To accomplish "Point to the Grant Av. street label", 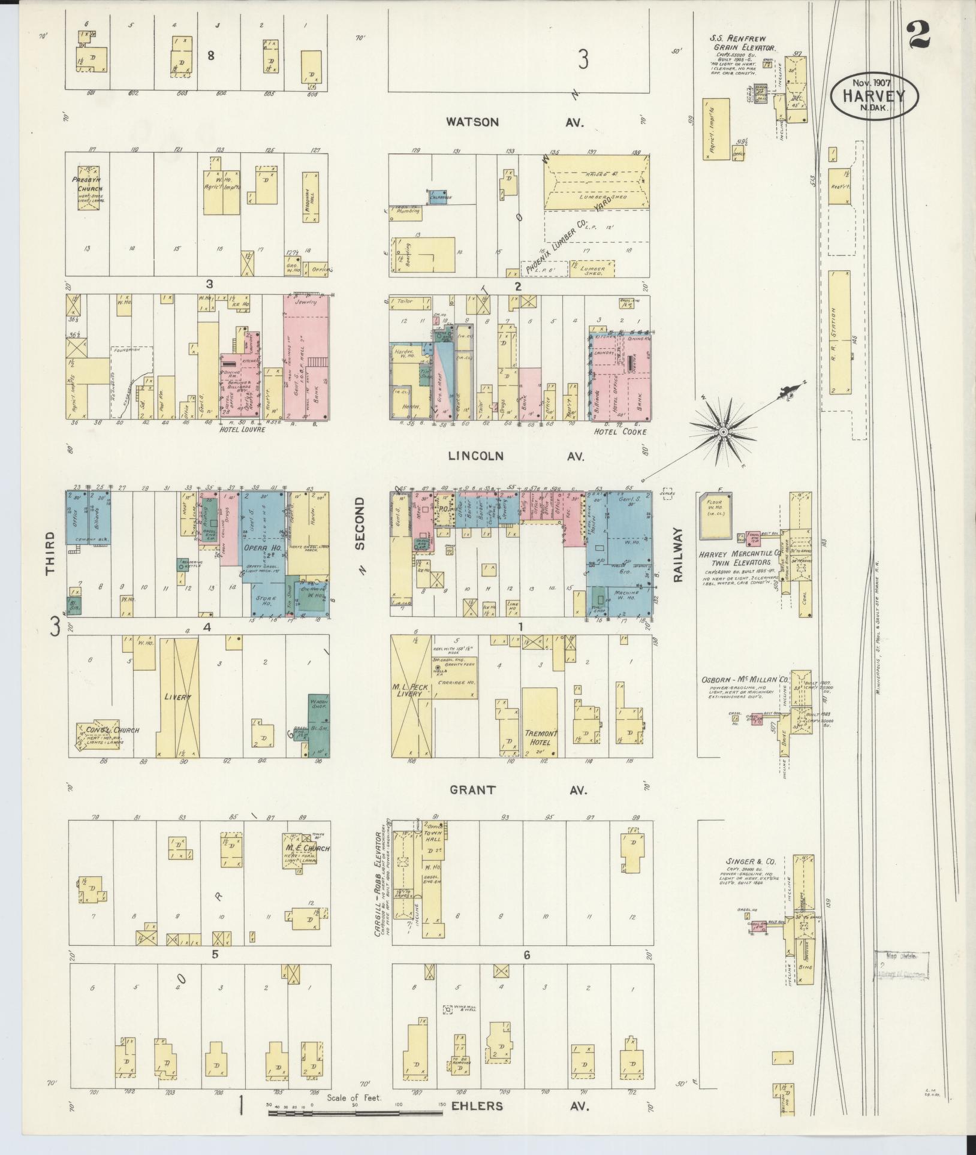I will click(519, 790).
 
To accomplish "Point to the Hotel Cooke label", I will click(620, 431).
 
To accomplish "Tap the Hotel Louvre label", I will click(242, 429).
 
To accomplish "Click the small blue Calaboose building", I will click(439, 195).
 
